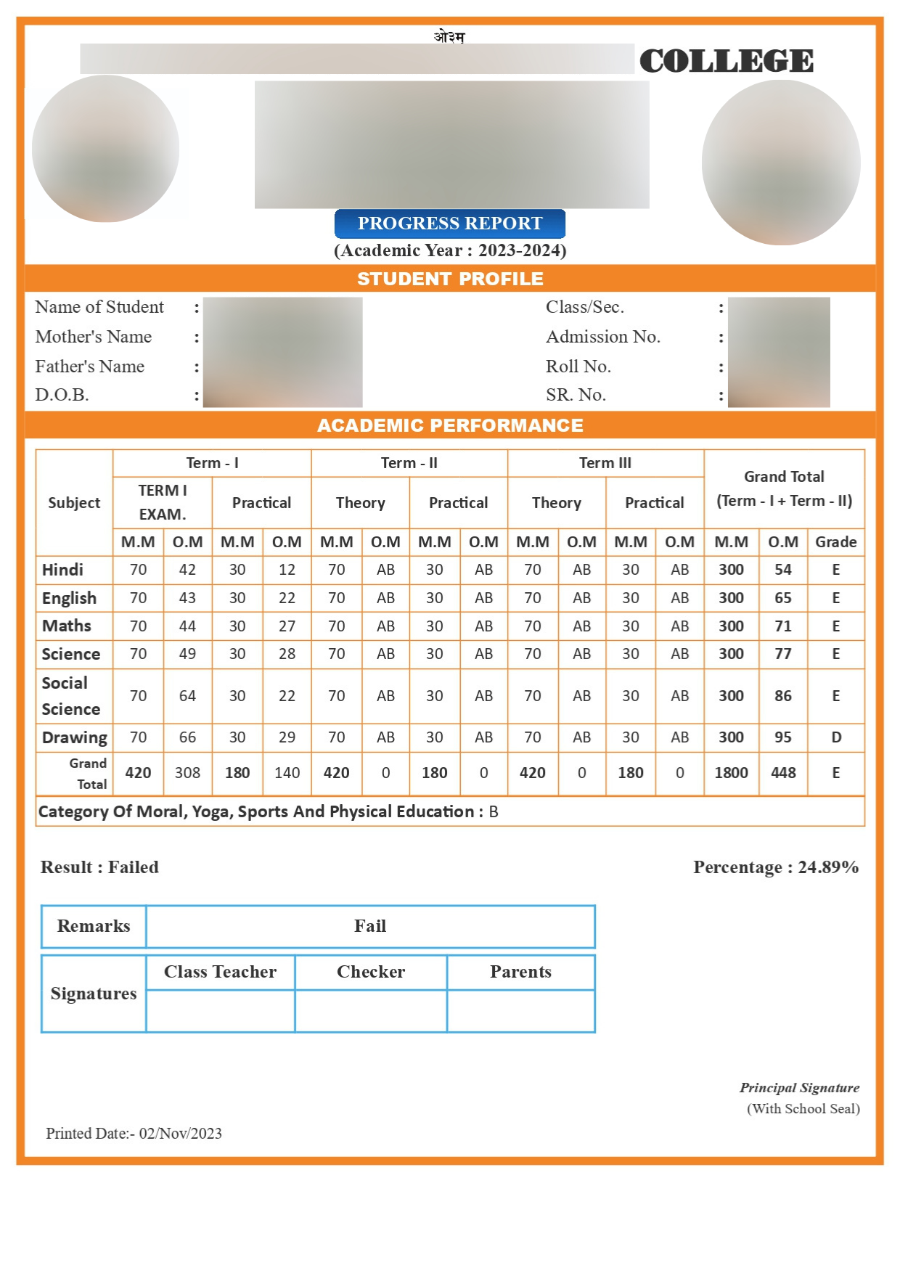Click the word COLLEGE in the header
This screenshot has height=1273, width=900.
tap(726, 61)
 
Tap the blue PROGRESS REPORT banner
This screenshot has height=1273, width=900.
tap(449, 224)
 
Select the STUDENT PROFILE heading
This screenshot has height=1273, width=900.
tap(450, 279)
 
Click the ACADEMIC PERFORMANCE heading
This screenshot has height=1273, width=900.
tap(450, 425)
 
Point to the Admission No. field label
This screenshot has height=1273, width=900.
tap(602, 337)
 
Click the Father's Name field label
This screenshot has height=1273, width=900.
tap(89, 367)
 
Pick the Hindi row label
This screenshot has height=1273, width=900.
tap(62, 570)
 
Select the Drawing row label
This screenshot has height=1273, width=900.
tap(74, 737)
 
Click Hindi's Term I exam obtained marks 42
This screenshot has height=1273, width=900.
tap(187, 570)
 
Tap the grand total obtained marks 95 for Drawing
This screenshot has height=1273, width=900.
tap(782, 737)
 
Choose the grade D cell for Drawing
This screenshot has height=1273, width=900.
tap(835, 737)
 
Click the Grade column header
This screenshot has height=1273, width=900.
tap(835, 542)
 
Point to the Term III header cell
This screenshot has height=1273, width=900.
tap(605, 463)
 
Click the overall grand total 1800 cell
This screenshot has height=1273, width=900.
tap(731, 773)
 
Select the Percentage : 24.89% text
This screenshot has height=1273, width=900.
tap(775, 867)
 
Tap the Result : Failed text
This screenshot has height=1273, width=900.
tap(99, 867)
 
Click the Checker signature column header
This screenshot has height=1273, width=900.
tap(370, 972)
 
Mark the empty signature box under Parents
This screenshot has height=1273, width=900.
tap(520, 1010)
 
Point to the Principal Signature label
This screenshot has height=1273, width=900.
tap(799, 1088)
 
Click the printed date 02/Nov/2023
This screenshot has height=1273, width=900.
tap(180, 1134)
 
